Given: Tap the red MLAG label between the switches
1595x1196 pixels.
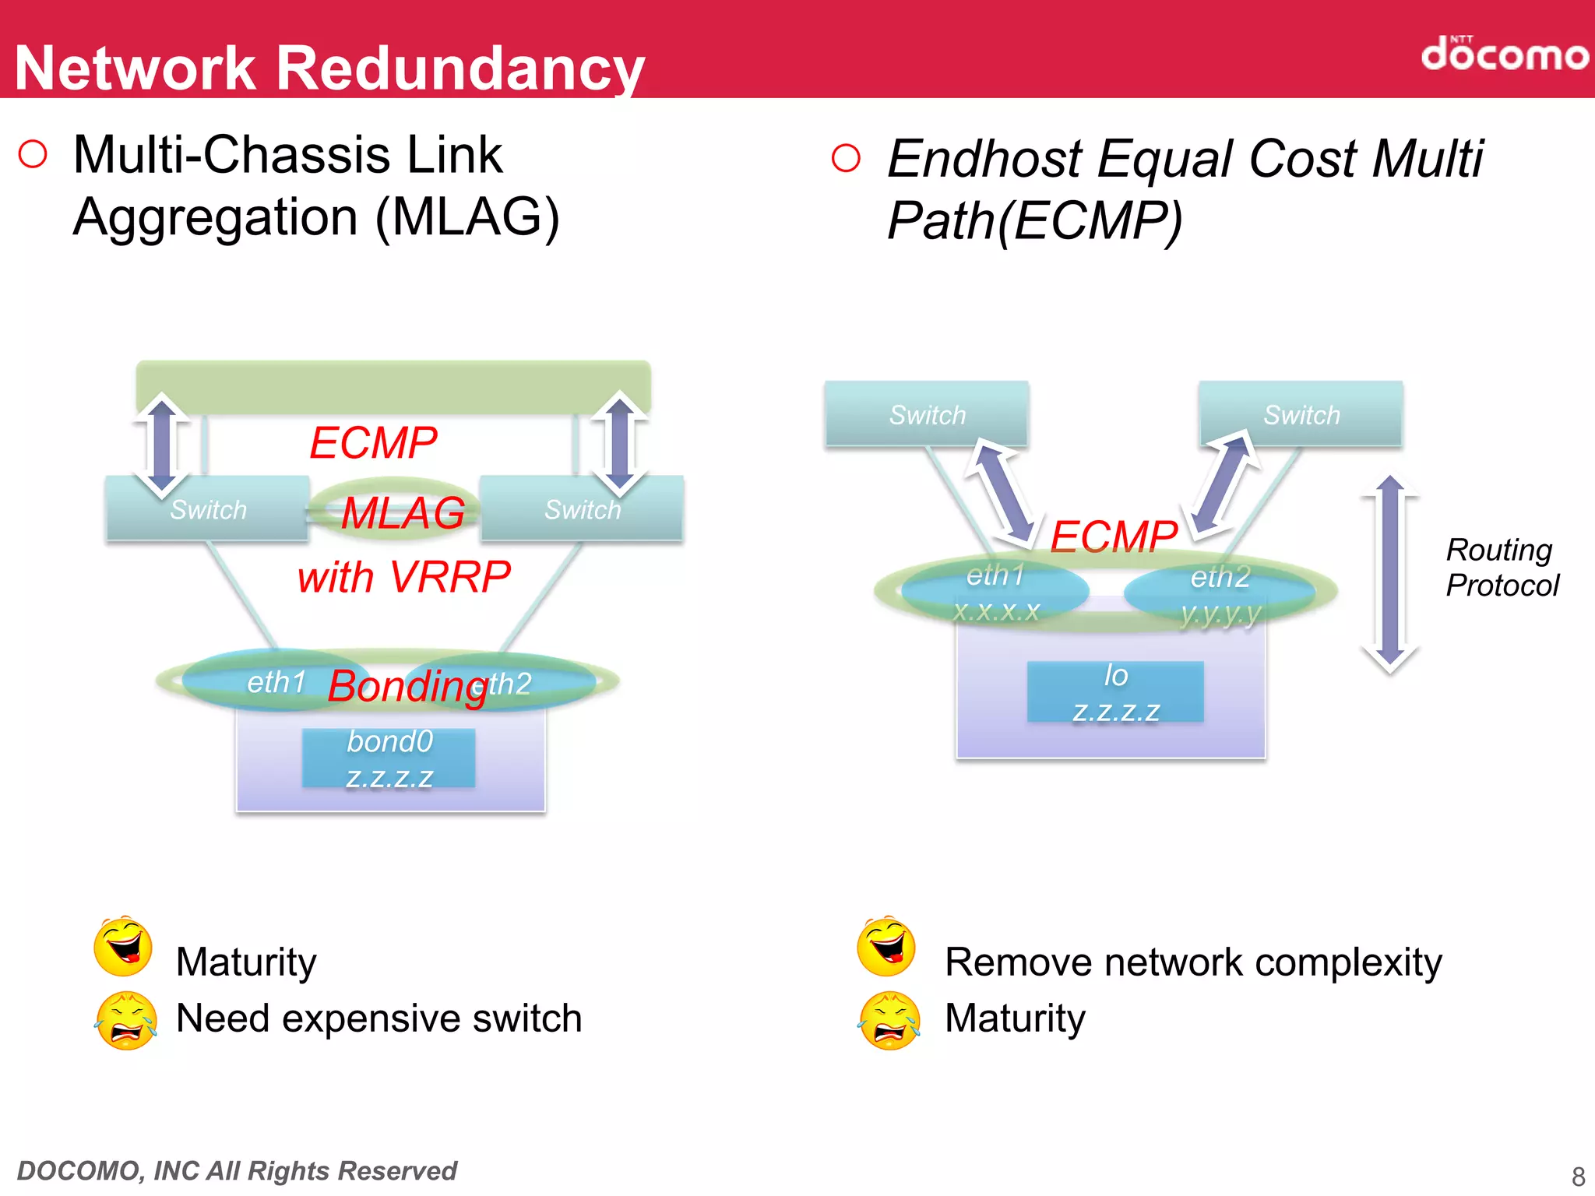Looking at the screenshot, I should (403, 513).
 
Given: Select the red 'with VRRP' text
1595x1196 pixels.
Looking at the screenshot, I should (403, 578).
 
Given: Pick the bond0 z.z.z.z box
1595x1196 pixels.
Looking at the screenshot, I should (389, 758).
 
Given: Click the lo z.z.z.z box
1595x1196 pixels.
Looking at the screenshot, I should (1115, 692).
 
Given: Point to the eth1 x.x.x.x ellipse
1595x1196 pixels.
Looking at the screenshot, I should (995, 592).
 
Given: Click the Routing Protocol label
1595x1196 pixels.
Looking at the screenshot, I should (1501, 568).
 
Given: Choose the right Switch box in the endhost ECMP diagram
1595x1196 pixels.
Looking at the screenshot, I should (1301, 414).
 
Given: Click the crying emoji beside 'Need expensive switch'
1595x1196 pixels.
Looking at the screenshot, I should (125, 1021).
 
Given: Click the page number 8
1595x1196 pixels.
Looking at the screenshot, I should (1578, 1176).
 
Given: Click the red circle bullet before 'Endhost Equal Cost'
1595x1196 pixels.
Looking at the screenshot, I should (846, 158).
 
